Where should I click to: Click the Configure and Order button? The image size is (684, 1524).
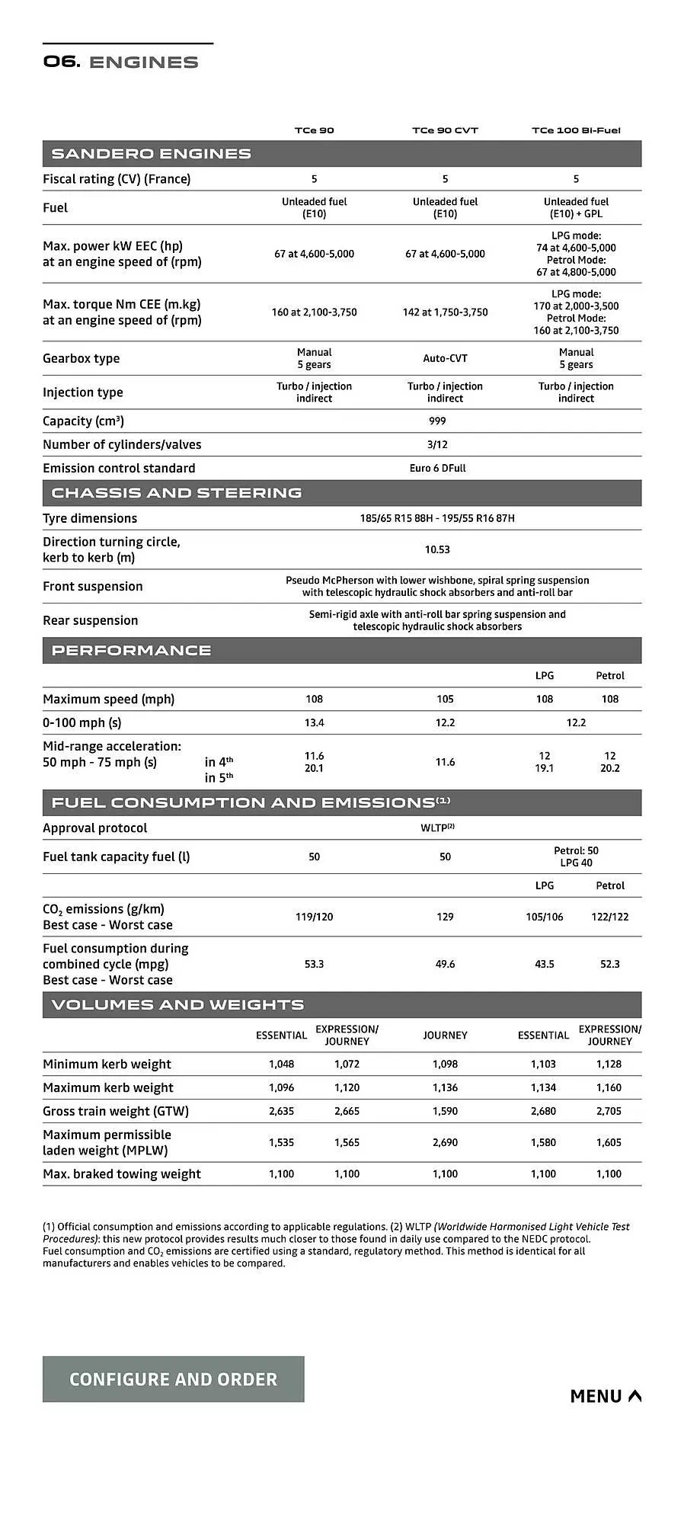[173, 1378]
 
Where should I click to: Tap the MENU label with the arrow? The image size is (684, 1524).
[606, 1395]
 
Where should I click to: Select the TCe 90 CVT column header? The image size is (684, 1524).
[445, 130]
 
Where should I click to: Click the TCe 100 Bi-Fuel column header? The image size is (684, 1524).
[576, 130]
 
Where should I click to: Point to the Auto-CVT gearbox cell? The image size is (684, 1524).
[445, 358]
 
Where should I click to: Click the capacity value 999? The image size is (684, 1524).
[437, 421]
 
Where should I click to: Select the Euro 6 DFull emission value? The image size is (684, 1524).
[437, 468]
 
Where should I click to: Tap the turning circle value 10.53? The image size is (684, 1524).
[437, 549]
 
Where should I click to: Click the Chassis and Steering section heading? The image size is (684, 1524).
[177, 493]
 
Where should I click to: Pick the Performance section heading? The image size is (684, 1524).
[131, 651]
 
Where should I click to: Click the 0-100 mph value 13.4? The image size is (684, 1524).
[314, 722]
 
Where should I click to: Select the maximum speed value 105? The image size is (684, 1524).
[445, 699]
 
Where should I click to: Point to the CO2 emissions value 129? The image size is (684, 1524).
[445, 917]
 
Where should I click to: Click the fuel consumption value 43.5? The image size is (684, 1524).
[545, 964]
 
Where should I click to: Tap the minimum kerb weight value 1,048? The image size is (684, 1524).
[281, 1064]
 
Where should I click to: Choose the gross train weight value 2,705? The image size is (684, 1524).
[609, 1111]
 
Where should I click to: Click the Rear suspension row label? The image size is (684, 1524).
[91, 620]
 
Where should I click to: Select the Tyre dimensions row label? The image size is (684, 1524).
[90, 518]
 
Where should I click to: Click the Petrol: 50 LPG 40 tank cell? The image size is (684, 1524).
[576, 856]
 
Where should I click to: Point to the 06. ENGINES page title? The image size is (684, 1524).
[120, 62]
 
